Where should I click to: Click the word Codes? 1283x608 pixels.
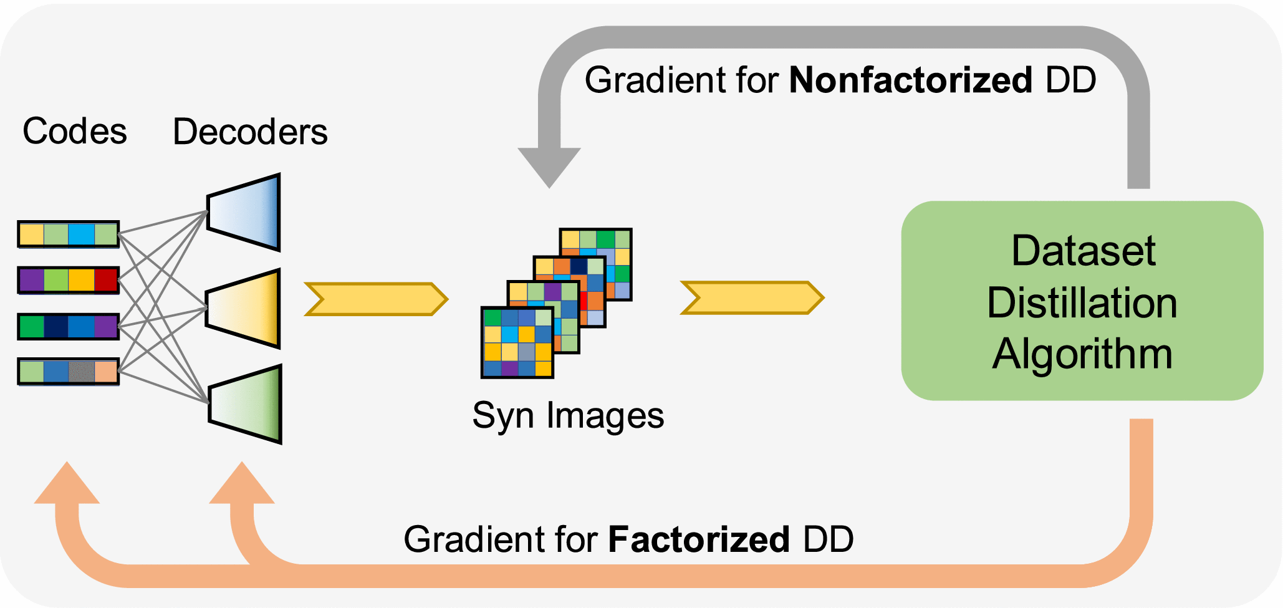75,132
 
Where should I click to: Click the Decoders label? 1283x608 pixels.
250,132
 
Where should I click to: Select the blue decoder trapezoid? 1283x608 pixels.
244,213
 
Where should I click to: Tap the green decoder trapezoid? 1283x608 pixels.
245,404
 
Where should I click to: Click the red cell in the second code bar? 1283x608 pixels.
106,280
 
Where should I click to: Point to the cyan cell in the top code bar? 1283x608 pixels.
81,234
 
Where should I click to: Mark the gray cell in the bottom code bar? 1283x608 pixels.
81,372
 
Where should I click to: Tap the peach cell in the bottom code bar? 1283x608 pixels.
106,372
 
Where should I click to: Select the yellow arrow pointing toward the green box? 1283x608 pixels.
752,297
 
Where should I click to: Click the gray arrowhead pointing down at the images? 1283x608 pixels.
549,166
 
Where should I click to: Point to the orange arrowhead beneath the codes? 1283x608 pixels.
67,485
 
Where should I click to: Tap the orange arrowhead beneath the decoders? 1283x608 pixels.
242,485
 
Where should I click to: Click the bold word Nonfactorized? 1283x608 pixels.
911,80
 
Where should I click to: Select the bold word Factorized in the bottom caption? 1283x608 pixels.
699,539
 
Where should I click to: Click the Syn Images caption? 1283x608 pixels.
568,416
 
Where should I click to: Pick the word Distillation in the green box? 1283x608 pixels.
1082,303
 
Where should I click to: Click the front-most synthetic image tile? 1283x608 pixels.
517,342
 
